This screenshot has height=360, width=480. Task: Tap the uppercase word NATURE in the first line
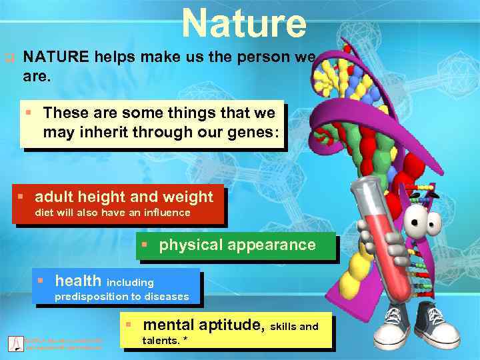click(55, 57)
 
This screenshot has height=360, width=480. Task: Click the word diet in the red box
click(44, 213)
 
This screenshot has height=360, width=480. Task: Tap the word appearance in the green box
click(271, 245)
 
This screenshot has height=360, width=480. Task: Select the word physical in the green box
click(191, 245)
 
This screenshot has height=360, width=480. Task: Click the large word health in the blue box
click(78, 281)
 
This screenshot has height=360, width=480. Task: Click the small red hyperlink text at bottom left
click(63, 344)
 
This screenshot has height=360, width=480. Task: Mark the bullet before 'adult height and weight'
click(21, 197)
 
